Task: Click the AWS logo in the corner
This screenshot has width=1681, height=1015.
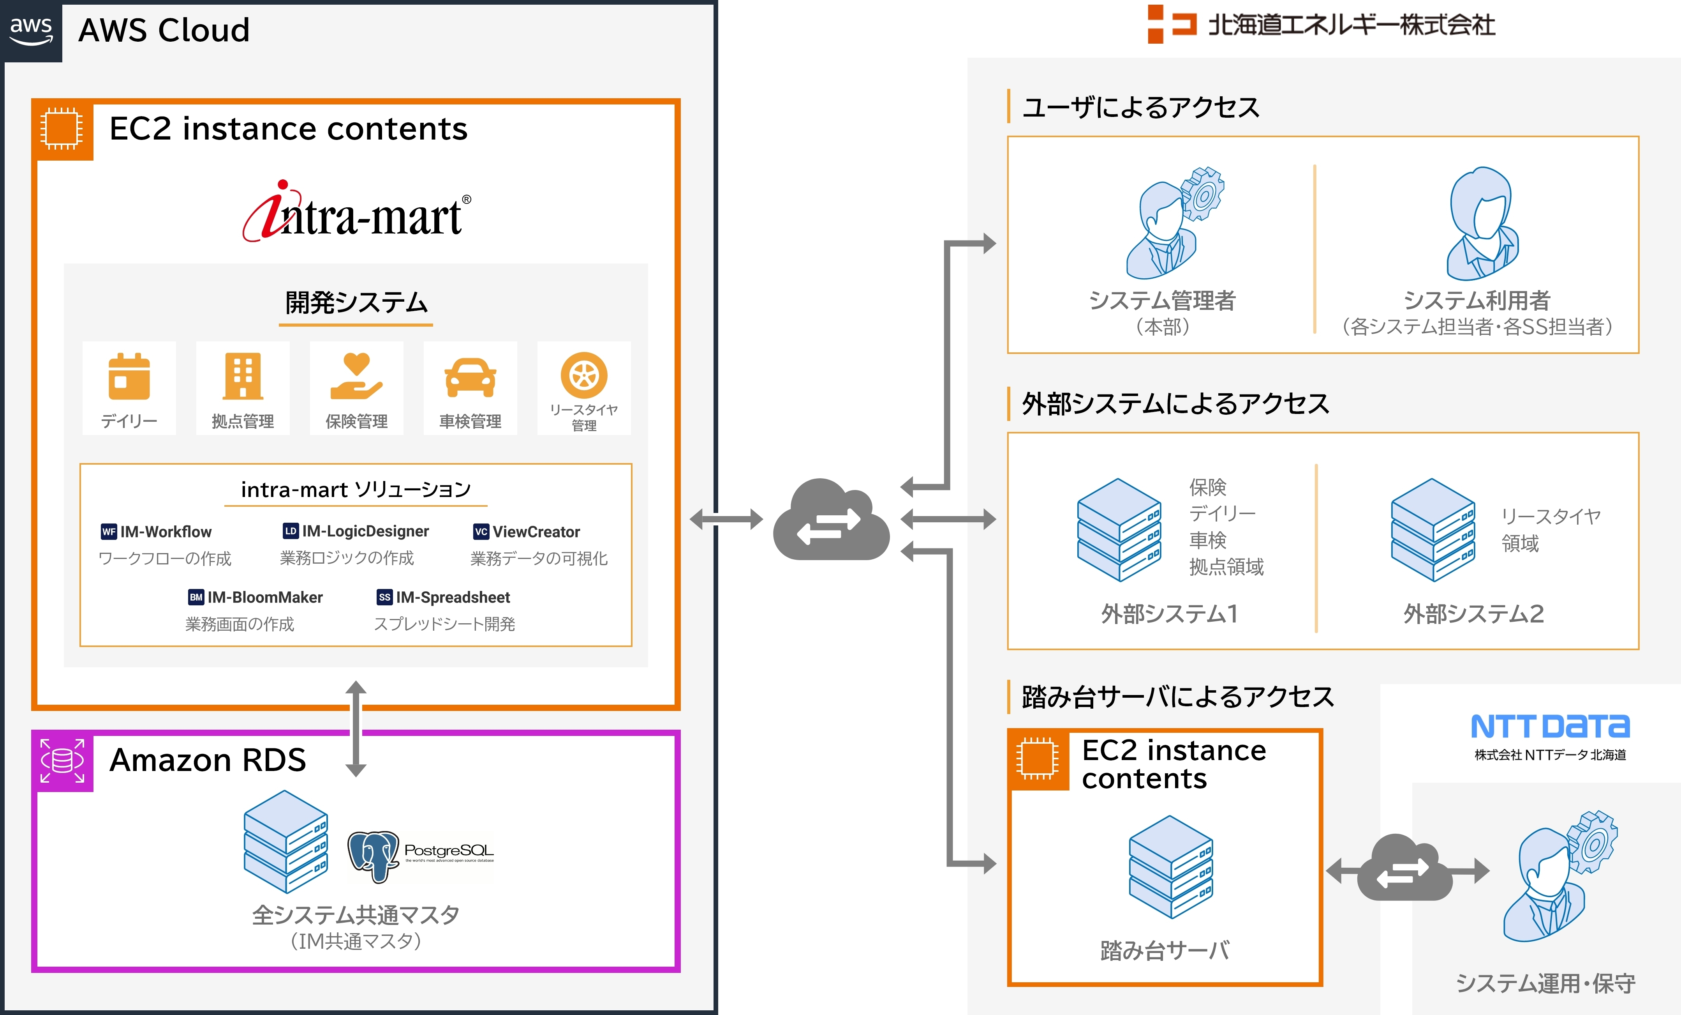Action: pyautogui.click(x=31, y=31)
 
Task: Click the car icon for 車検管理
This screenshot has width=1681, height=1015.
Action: pyautogui.click(x=470, y=377)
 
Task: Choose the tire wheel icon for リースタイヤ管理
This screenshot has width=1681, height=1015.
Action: pyautogui.click(x=584, y=375)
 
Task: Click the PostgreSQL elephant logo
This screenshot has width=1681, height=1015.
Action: pyautogui.click(x=373, y=855)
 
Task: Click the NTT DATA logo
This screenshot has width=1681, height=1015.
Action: pyautogui.click(x=1550, y=727)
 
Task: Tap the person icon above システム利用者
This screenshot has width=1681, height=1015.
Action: pyautogui.click(x=1482, y=223)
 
